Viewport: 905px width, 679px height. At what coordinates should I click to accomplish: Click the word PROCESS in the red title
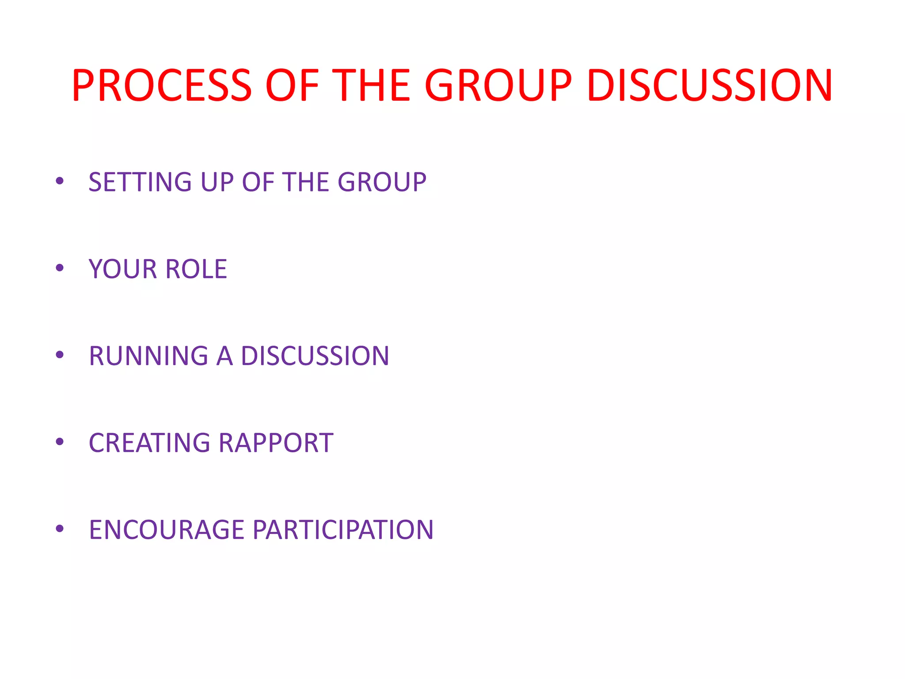[162, 85]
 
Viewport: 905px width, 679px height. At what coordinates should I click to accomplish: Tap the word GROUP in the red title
[498, 85]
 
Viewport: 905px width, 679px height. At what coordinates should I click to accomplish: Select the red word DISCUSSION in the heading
[710, 85]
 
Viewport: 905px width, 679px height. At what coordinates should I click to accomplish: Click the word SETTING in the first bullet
[140, 182]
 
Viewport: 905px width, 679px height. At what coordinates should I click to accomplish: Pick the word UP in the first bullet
[217, 182]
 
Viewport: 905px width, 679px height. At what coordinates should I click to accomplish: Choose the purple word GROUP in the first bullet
[382, 182]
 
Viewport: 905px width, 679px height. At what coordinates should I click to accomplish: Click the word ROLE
[196, 269]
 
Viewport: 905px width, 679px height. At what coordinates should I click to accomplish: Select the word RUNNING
[148, 356]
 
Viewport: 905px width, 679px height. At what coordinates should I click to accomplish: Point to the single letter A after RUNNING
[224, 356]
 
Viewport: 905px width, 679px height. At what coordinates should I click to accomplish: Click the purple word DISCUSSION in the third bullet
[315, 356]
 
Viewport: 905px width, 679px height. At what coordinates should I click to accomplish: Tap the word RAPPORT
[276, 443]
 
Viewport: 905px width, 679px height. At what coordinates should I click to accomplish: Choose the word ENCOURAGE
[167, 530]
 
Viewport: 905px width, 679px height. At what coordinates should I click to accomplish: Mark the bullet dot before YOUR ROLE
[60, 268]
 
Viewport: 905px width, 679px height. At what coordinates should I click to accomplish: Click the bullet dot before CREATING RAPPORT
[60, 442]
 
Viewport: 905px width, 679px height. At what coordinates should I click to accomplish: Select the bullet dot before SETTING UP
[60, 181]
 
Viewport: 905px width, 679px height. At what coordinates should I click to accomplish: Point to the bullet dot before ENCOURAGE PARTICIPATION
[60, 529]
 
